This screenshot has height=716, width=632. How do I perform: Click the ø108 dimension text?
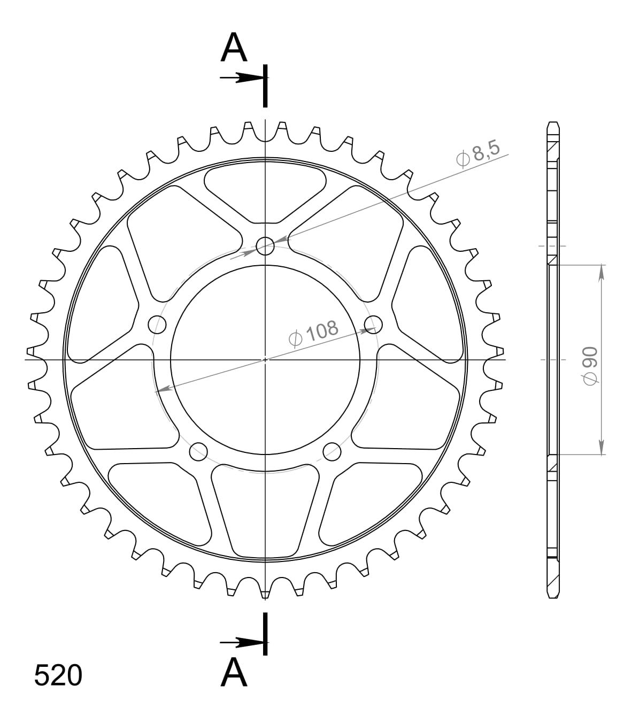coord(313,332)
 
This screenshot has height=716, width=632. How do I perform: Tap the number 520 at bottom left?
coord(58,675)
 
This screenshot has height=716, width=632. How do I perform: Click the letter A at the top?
coord(234,48)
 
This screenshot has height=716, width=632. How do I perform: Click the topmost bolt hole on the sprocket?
coord(265,247)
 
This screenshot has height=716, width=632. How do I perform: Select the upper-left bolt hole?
coord(157,324)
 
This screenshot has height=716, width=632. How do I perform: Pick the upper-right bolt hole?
coord(374,323)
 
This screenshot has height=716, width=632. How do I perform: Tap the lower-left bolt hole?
coord(198,451)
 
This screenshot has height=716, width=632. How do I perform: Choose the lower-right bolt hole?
coord(332,451)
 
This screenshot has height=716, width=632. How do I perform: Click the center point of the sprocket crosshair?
coord(265,360)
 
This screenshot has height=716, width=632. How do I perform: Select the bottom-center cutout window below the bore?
coord(265,508)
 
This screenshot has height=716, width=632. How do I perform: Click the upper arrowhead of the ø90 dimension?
coord(602,271)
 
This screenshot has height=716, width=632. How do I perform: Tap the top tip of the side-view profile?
coord(553,124)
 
